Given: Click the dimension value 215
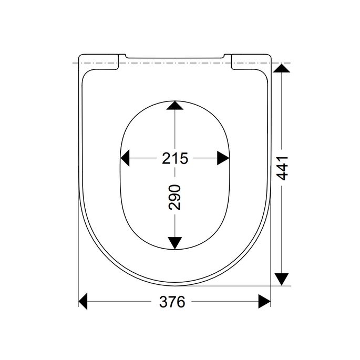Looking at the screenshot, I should pos(175,158).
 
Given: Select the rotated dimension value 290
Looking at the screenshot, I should pos(175,197).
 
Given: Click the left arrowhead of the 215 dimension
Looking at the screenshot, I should pos(126,158).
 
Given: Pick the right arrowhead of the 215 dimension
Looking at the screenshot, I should pos(223,158).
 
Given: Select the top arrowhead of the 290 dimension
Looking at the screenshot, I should pos(174,106).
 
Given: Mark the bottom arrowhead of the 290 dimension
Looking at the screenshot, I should pos(174,242).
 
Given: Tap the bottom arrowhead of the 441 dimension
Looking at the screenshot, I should pos(282,279).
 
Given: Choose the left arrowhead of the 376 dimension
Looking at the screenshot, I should pos(85,302).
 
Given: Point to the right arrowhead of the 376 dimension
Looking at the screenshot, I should pos(264,302).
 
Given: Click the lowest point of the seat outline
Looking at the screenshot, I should pos(174,287).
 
